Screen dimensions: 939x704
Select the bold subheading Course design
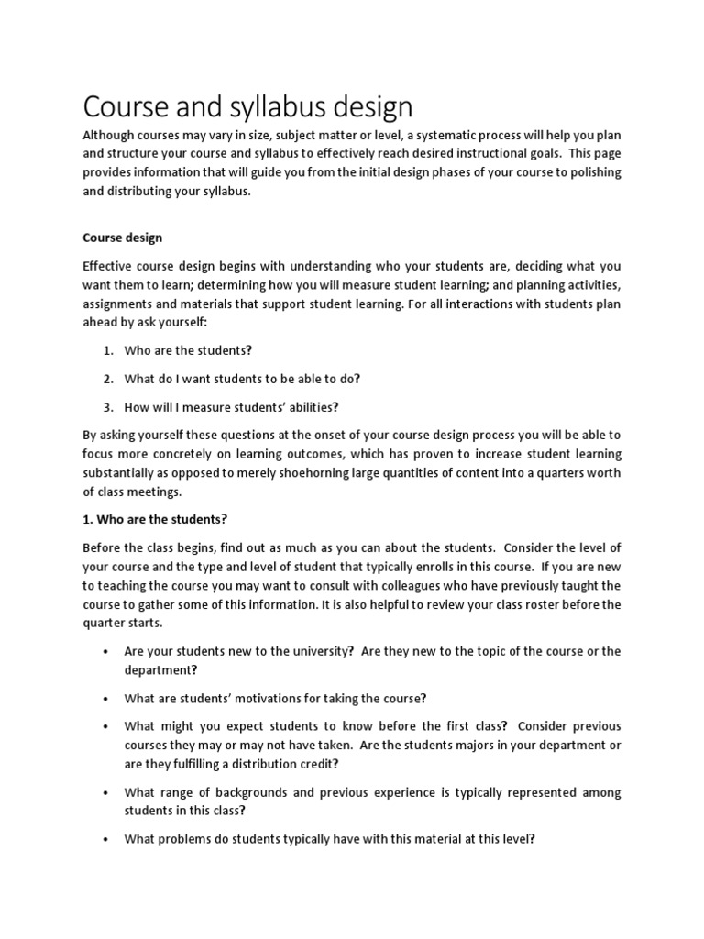pos(122,238)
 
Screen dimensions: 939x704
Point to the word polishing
pos(590,172)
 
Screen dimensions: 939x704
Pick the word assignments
pos(122,303)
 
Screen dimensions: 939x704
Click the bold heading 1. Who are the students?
pos(154,519)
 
